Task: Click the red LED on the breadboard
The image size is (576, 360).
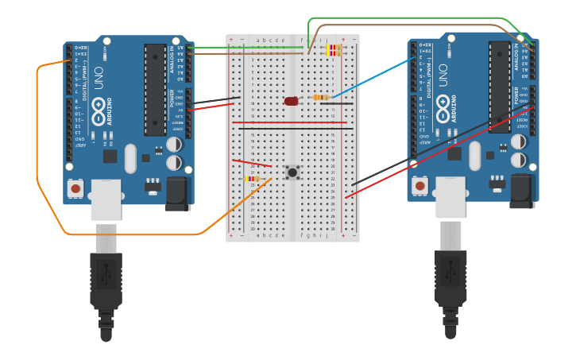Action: [291, 101]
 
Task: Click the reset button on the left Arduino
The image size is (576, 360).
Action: [75, 188]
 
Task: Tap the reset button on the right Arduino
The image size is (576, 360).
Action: [420, 186]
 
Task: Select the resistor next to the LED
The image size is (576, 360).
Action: [321, 98]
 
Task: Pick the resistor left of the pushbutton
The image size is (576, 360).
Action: [252, 179]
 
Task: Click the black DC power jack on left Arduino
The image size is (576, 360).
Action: [180, 193]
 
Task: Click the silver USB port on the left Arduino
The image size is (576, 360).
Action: [106, 199]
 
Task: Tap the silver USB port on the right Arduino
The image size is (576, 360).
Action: [450, 197]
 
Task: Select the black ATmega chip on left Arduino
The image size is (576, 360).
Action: [155, 89]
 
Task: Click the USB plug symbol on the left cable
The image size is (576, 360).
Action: [106, 274]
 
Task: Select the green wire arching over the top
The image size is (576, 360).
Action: [413, 17]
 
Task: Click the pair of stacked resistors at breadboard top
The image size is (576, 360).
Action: [333, 50]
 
